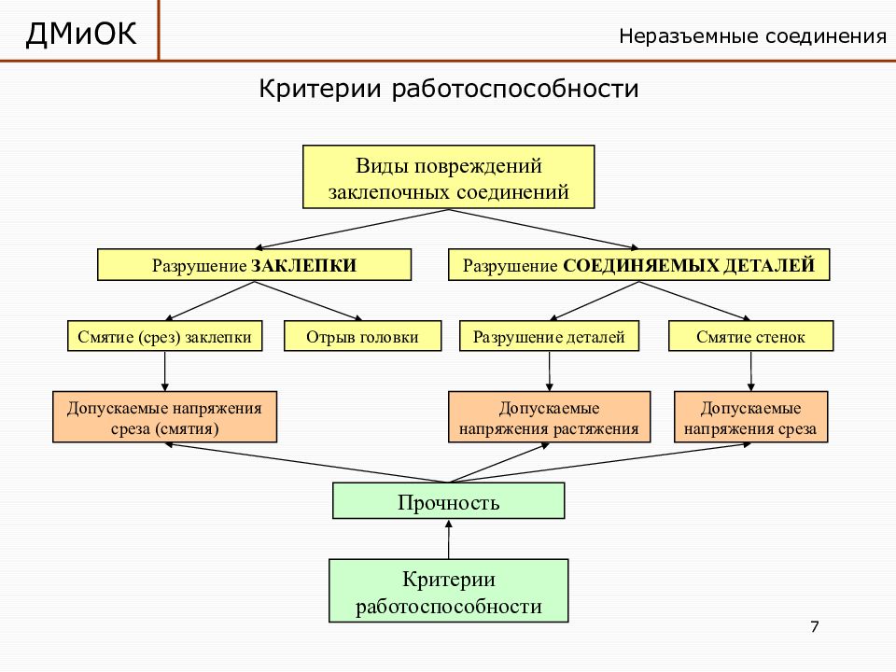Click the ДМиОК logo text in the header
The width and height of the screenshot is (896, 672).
click(x=81, y=34)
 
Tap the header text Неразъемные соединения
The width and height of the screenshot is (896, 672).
click(x=752, y=36)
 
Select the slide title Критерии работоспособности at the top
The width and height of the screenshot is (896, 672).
click(x=449, y=89)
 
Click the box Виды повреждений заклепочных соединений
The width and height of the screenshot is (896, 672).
click(x=449, y=176)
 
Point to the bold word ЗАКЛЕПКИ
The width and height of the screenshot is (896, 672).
click(x=303, y=266)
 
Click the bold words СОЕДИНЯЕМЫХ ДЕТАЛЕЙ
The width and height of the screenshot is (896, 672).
click(x=689, y=266)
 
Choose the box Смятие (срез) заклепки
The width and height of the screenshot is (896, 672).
click(x=164, y=336)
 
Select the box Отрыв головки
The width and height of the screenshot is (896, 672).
click(x=362, y=336)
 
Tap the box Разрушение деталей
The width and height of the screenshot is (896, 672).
click(x=549, y=336)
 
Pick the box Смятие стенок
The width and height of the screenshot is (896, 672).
click(x=750, y=336)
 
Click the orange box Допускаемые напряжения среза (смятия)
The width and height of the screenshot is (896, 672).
click(x=164, y=417)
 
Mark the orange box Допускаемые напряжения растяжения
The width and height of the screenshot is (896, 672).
click(x=549, y=417)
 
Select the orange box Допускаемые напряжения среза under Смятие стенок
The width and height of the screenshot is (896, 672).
click(x=750, y=417)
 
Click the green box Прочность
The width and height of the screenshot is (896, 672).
click(x=449, y=501)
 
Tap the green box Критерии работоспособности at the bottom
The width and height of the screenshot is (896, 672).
click(x=449, y=591)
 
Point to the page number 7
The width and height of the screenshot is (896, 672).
click(x=815, y=627)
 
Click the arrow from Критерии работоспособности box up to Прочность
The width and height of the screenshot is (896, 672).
click(x=449, y=539)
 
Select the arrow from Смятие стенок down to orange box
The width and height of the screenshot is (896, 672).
click(x=750, y=371)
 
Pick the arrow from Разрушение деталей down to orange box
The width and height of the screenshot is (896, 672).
click(x=549, y=371)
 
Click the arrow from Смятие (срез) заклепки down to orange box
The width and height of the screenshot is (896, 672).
click(x=164, y=371)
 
